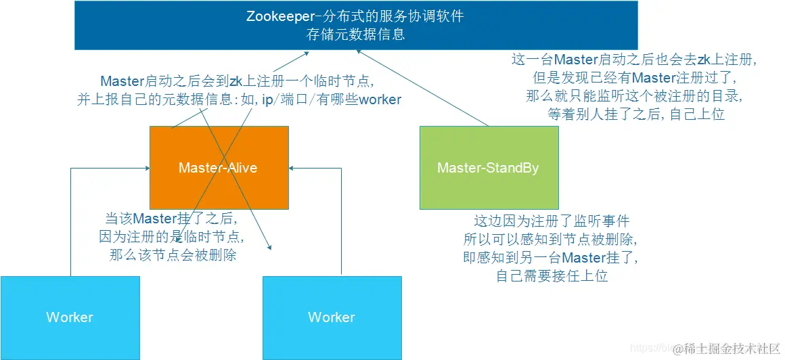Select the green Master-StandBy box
coord(489,168)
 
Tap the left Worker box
coord(70,317)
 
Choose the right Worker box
coord(332,317)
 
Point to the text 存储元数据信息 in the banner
coord(356,35)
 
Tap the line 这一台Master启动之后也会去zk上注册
coord(634,60)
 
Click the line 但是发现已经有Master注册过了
coord(634,78)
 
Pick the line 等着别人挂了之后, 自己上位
coord(636,114)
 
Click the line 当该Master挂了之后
coord(169,219)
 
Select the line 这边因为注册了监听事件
coord(552,221)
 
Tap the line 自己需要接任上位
coord(552,275)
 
